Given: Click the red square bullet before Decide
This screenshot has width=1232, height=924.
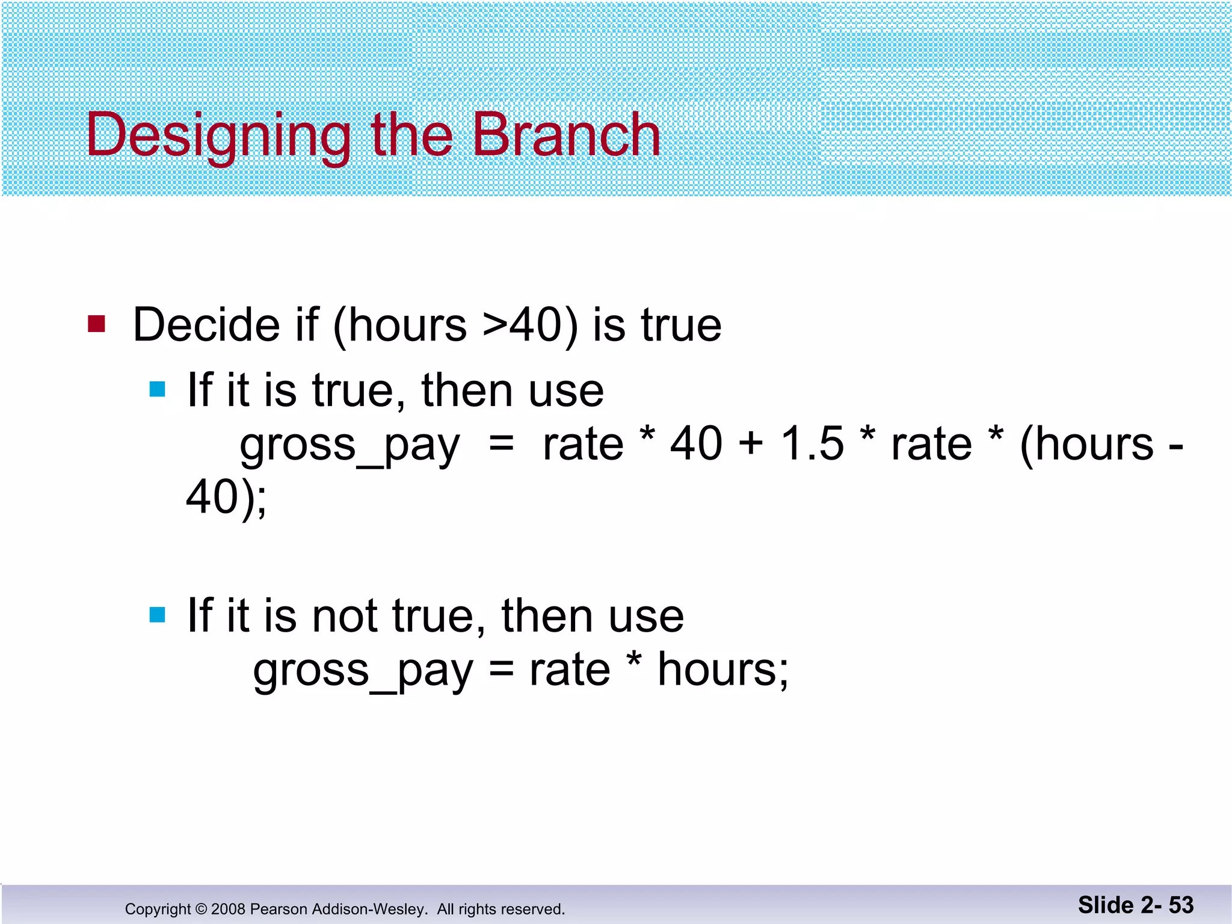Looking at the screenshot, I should pos(96,324).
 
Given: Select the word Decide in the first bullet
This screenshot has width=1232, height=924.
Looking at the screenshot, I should pos(205,325).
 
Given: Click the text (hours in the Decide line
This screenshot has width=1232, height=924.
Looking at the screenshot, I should pos(399,325).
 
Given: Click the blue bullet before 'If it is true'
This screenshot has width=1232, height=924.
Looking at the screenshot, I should pos(157,389).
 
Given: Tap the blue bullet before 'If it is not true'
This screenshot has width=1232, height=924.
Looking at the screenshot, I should pos(157,615).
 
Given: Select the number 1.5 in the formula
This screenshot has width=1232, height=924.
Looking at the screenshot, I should pos(812,444).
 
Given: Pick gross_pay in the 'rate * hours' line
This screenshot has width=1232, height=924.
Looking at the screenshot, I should pos(363,671).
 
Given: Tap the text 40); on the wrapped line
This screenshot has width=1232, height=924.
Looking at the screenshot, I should pos(226,498).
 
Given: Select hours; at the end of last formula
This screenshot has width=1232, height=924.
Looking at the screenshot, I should pos(722,670).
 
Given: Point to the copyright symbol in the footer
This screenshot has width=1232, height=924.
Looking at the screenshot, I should pos(201,909).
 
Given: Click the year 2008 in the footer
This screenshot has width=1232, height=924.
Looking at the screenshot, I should pos(228,909).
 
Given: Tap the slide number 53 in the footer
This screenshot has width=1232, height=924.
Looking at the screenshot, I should pos(1181,905).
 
